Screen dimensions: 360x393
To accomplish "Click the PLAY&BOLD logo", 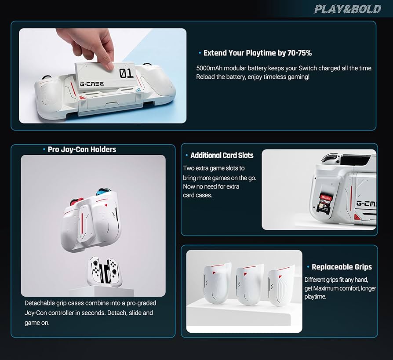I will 347,9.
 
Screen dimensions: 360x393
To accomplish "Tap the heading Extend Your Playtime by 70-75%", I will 257,53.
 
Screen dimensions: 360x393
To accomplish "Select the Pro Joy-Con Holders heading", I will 82,149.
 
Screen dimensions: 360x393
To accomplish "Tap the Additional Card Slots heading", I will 222,155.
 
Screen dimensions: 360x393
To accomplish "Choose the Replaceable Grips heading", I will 341,267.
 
